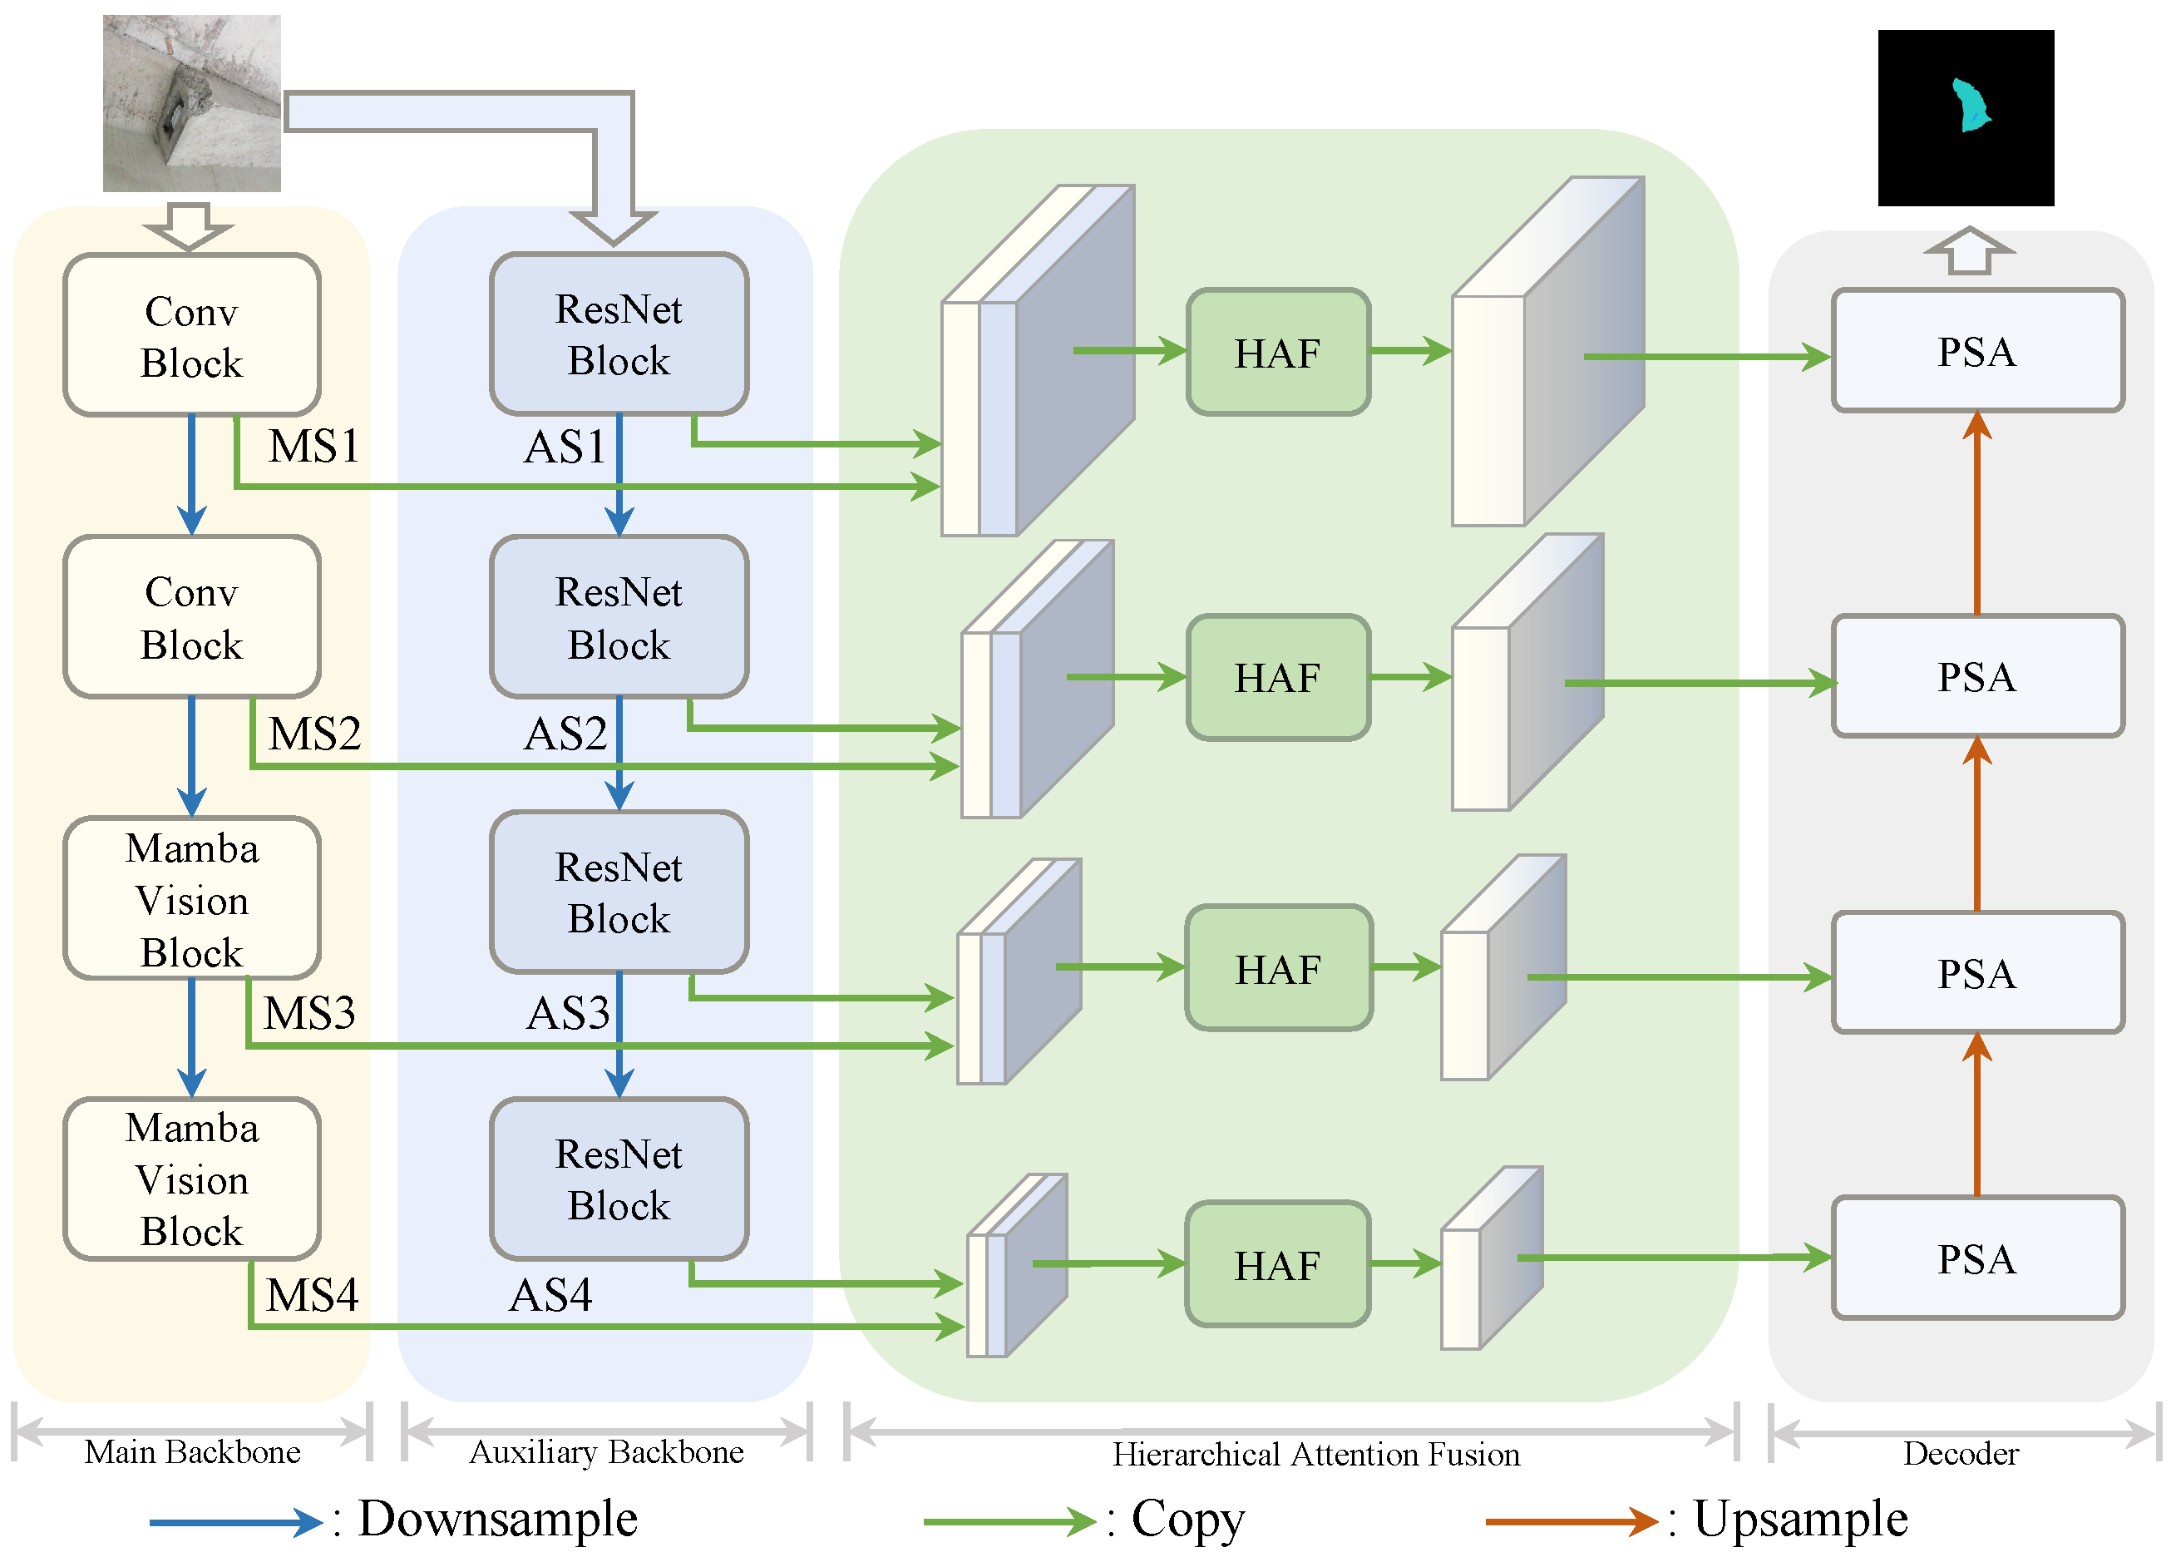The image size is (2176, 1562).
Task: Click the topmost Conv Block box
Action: coord(192,335)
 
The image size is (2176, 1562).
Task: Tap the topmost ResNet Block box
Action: coord(619,334)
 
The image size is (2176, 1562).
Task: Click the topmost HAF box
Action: coord(1277,352)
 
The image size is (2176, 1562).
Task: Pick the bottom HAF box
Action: coord(1277,1263)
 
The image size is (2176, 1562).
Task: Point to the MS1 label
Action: coord(313,446)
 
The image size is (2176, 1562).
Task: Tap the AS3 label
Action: coord(568,1013)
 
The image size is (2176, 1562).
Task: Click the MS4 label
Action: coord(312,1295)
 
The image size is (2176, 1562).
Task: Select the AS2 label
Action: coord(565,734)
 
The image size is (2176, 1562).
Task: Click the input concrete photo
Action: coord(192,104)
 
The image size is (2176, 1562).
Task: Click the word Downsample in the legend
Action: coord(497,1519)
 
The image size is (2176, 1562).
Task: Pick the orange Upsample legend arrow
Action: coord(1570,1520)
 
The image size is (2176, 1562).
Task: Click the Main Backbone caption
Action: coord(192,1452)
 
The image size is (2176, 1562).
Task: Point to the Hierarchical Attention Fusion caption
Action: coord(1315,1455)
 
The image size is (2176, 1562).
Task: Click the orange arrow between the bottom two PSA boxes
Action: coord(1976,1115)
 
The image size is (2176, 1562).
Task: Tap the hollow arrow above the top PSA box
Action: coord(1969,251)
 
